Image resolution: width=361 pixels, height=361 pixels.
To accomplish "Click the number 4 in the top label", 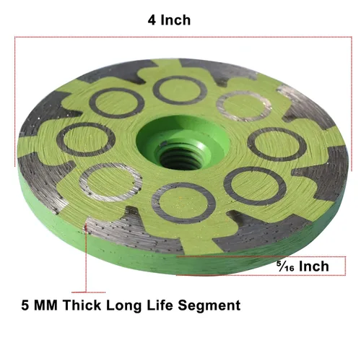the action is click(152, 20).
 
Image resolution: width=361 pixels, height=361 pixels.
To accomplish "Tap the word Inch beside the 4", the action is click(175, 20).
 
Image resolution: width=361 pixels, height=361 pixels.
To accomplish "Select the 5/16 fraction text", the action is click(285, 266).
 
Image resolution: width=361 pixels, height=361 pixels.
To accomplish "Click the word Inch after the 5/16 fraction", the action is click(314, 266).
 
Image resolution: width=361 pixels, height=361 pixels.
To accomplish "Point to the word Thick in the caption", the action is click(82, 305).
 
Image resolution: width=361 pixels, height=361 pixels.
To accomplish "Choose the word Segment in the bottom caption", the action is click(209, 306).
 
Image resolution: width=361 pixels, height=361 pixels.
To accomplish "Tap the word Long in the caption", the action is click(123, 306).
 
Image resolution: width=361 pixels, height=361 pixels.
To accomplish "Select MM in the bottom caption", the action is click(46, 305).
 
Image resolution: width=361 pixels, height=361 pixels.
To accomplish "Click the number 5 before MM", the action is click(25, 305).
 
